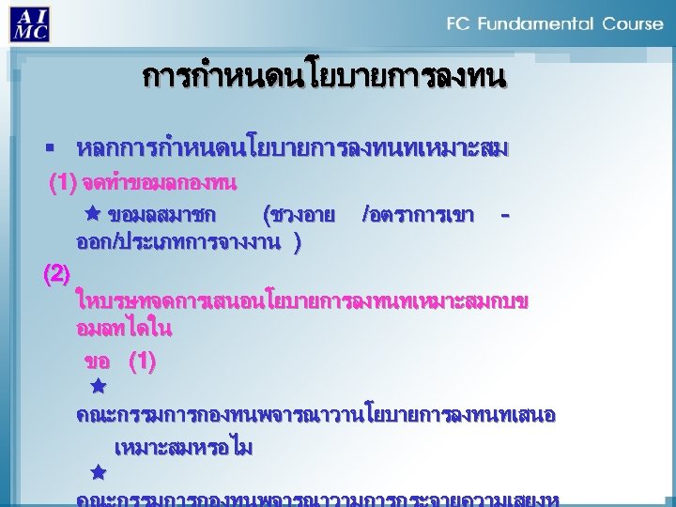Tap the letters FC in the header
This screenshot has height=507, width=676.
tap(459, 23)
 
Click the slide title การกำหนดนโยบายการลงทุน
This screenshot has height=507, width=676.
tap(325, 76)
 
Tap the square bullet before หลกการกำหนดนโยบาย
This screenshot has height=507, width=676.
tap(57, 149)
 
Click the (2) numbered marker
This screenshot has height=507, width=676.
tap(57, 274)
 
